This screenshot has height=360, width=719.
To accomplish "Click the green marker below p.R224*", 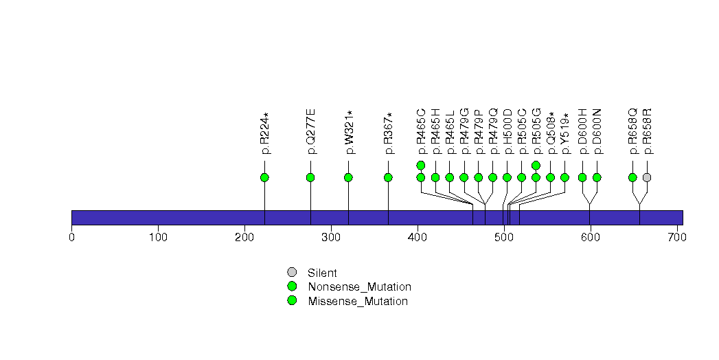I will (264, 177).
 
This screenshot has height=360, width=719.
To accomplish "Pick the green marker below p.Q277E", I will (310, 177).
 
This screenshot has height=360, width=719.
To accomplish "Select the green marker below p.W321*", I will (348, 177).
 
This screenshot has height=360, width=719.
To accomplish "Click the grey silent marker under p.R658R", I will (647, 177).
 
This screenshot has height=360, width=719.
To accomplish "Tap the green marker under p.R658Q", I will (632, 177).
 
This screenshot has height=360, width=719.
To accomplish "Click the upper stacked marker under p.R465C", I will (421, 165).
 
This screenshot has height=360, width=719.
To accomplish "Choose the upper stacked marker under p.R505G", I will (536, 165).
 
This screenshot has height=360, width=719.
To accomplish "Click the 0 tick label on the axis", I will (71, 238).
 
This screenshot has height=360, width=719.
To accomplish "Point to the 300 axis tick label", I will (331, 238).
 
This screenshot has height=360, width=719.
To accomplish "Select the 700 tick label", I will (676, 238).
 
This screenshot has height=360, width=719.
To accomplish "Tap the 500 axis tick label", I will (504, 238).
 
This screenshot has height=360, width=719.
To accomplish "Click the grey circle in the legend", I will (292, 272).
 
